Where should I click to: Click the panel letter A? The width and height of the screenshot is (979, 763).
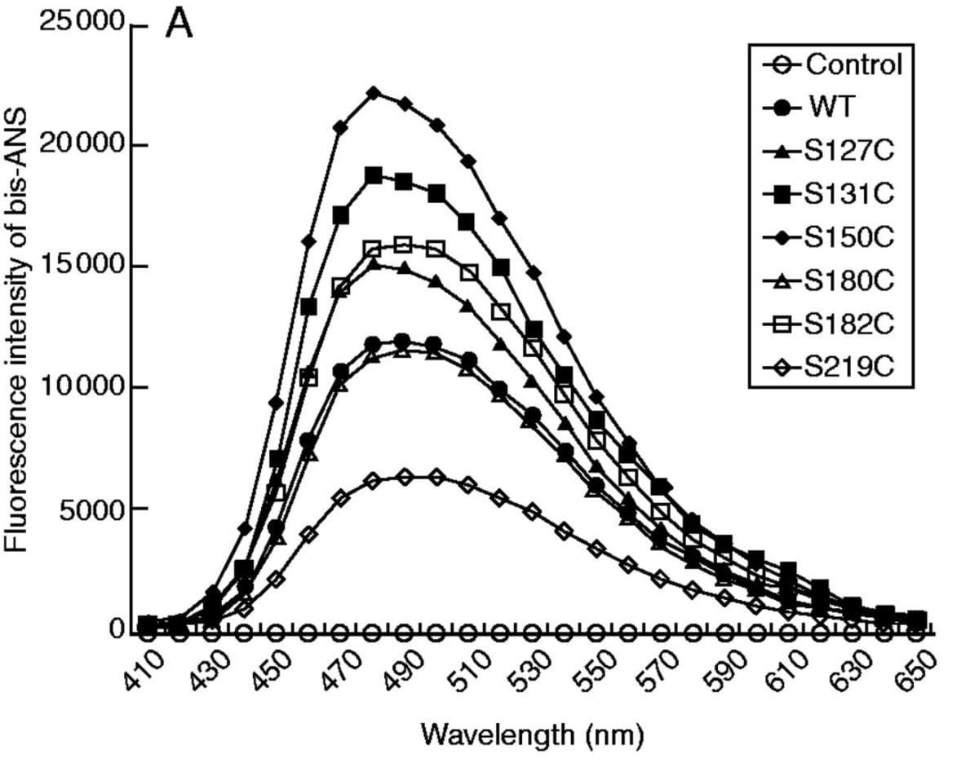(179, 24)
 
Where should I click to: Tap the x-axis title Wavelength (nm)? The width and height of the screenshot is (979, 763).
(533, 735)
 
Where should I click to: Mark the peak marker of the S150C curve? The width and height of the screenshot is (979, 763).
(373, 93)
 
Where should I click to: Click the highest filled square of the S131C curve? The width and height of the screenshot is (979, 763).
(373, 175)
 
